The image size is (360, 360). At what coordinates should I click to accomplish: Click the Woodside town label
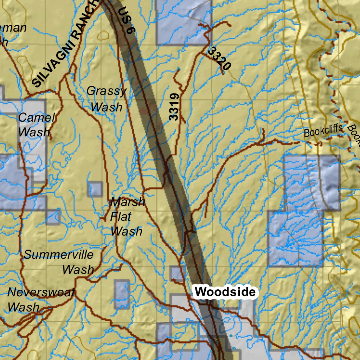[x=225, y=292]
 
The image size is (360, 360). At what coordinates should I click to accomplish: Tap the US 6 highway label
[x=127, y=20]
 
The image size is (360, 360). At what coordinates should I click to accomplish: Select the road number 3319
[x=174, y=107]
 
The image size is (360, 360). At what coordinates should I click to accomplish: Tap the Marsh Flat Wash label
[x=127, y=217]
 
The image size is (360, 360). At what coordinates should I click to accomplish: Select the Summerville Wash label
[x=59, y=262]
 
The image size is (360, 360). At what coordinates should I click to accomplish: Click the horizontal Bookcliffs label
[x=323, y=131]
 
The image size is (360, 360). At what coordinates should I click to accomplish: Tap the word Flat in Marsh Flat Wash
[x=121, y=217]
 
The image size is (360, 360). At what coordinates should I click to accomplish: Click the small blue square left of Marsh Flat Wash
[x=95, y=189]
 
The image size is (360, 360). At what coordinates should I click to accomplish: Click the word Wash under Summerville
[x=78, y=270]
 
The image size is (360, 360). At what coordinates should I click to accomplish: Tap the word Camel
[x=37, y=117]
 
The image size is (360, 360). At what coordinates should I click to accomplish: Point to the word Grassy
[x=106, y=91]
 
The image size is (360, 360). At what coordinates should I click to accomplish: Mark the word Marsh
[x=127, y=202]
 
